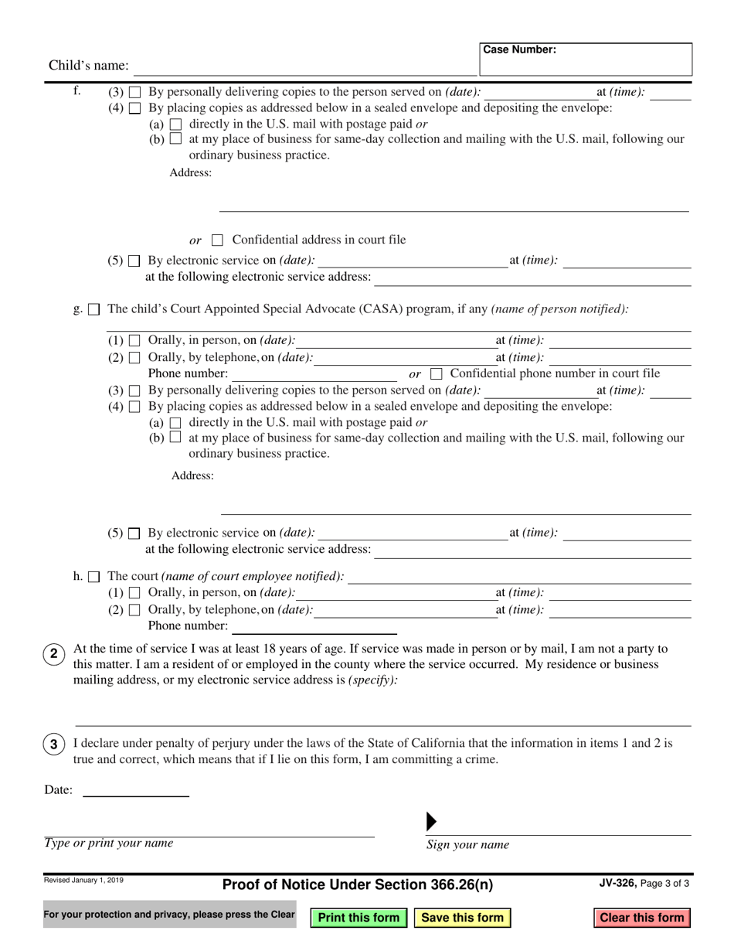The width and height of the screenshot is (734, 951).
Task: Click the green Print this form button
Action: click(x=359, y=918)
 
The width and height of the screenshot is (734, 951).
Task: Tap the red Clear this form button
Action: click(x=642, y=918)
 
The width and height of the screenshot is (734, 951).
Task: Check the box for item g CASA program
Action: click(x=94, y=310)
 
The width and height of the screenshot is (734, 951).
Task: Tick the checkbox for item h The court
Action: click(x=94, y=577)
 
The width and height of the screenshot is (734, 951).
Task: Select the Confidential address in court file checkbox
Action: click(x=218, y=240)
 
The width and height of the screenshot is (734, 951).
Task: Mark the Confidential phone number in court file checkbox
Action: click(x=436, y=374)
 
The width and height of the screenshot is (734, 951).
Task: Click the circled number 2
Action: click(x=53, y=654)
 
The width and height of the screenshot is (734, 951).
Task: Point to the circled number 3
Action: click(x=53, y=745)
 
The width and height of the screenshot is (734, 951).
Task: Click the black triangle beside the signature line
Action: click(x=431, y=822)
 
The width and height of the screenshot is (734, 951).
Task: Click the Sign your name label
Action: click(x=467, y=845)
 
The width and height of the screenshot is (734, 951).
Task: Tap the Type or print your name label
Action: click(x=109, y=844)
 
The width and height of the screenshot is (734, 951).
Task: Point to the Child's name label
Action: click(x=89, y=66)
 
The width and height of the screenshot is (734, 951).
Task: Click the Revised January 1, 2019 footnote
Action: click(x=83, y=880)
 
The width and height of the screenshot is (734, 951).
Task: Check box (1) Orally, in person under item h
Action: click(x=134, y=593)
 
